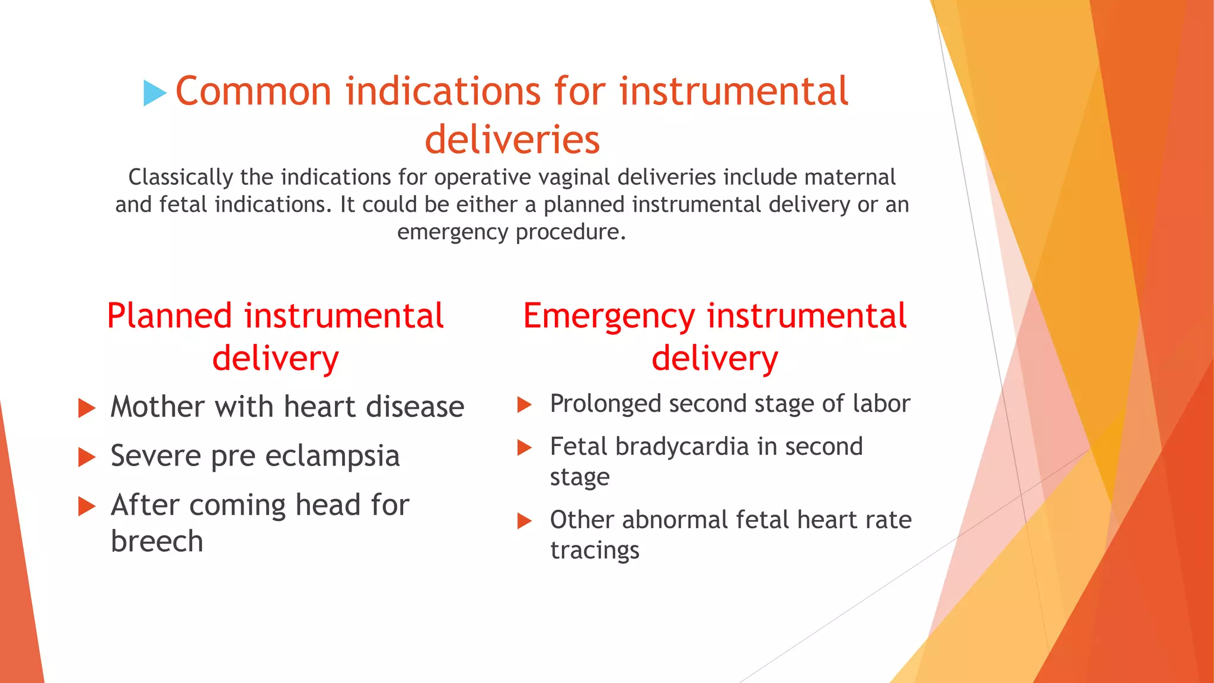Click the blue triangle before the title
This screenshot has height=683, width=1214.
coord(154,94)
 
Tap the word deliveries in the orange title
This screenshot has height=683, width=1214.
coord(512,140)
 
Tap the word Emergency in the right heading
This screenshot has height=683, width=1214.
coord(608,316)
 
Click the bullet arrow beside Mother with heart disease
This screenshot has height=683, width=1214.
coord(87,408)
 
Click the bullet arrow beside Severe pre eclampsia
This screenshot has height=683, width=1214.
coord(87,457)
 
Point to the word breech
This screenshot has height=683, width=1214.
coord(157,541)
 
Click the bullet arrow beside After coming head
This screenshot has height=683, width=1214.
coord(87,506)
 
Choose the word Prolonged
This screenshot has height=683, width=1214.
coord(605,404)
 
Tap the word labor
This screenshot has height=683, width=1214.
coord(881,404)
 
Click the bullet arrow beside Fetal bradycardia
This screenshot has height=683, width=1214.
coord(524,448)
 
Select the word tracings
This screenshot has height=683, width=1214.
coord(595,551)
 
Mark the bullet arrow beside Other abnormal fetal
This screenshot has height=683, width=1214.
coord(524,521)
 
